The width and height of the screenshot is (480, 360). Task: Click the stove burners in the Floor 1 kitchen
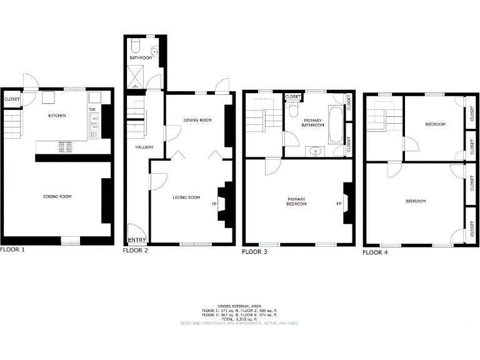tap(64, 147)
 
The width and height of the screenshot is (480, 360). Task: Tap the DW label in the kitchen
tap(92, 110)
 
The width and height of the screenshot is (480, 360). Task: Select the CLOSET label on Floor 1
tap(12, 99)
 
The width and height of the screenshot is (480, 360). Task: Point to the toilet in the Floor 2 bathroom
tap(136, 44)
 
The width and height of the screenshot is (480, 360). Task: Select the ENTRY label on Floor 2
tap(137, 240)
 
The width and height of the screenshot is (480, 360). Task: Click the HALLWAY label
tap(136, 147)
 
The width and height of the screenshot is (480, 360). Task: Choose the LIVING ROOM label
tap(186, 197)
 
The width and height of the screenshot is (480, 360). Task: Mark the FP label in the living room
tap(214, 204)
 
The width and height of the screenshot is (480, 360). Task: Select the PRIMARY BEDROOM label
tap(296, 202)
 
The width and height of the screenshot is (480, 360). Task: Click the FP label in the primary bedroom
tap(339, 204)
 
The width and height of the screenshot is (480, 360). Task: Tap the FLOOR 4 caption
tap(377, 252)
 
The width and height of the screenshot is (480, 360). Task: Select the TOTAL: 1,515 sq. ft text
tap(240, 319)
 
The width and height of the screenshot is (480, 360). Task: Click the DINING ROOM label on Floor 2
tap(198, 120)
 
